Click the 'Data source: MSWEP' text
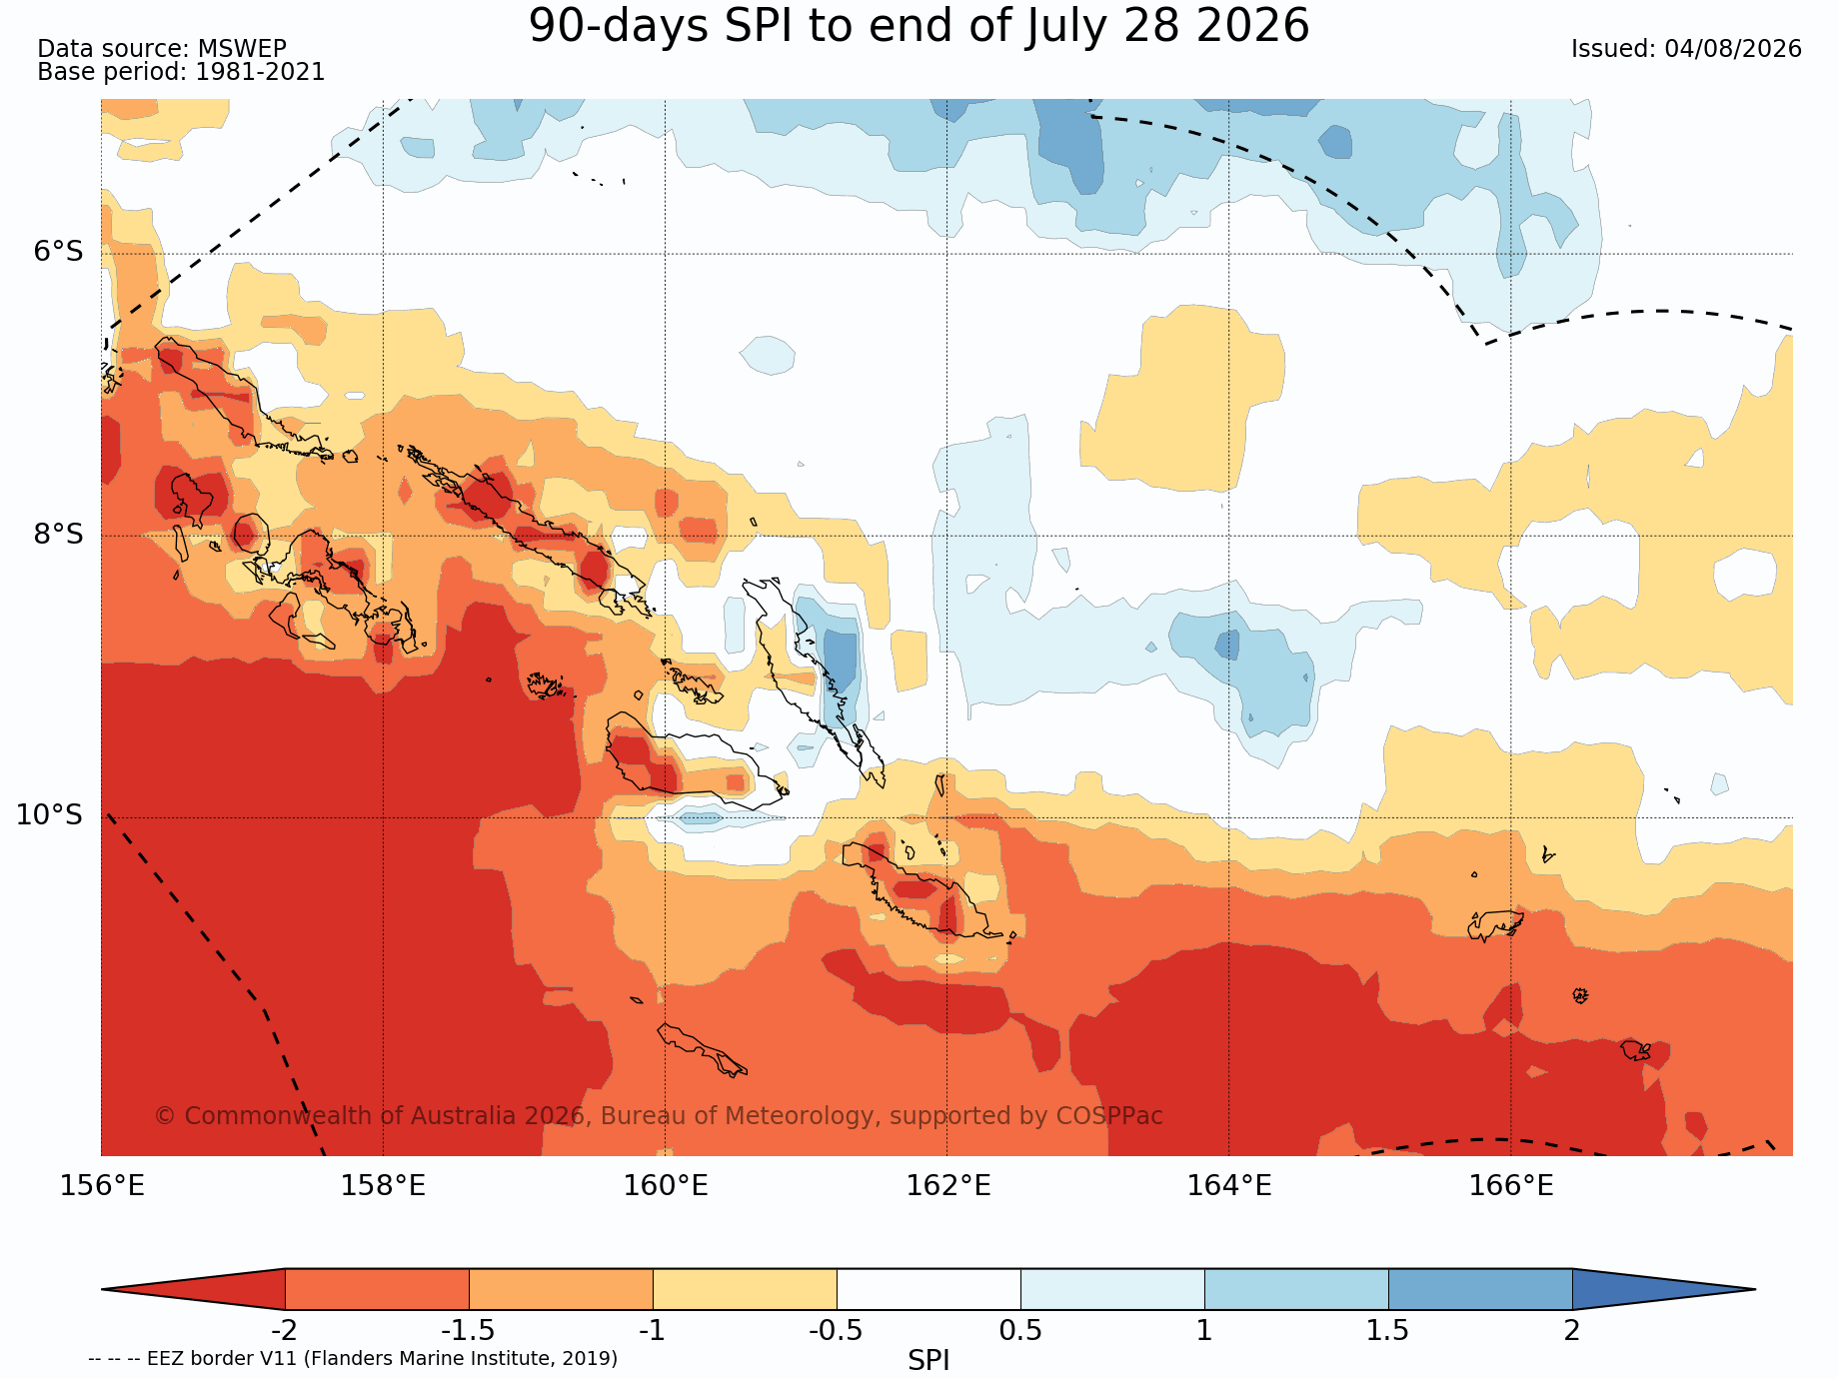point(162,49)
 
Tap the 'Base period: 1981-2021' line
point(181,72)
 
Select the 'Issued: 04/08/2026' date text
point(1686,49)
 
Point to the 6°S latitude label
point(59,251)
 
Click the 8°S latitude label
point(59,534)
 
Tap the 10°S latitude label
point(49,814)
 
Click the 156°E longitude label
point(102,1185)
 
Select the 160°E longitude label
point(666,1185)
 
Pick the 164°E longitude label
point(1229,1185)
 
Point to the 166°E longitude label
point(1511,1185)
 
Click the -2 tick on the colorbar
point(285,1330)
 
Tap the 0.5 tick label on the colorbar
point(1020,1330)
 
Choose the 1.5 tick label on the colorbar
point(1388,1330)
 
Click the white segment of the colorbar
point(928,1289)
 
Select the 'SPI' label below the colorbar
point(928,1360)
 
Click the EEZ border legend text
point(353,1358)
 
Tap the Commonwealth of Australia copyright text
point(659,1115)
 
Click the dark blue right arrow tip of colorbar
point(1755,1289)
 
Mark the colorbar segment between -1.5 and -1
point(561,1289)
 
